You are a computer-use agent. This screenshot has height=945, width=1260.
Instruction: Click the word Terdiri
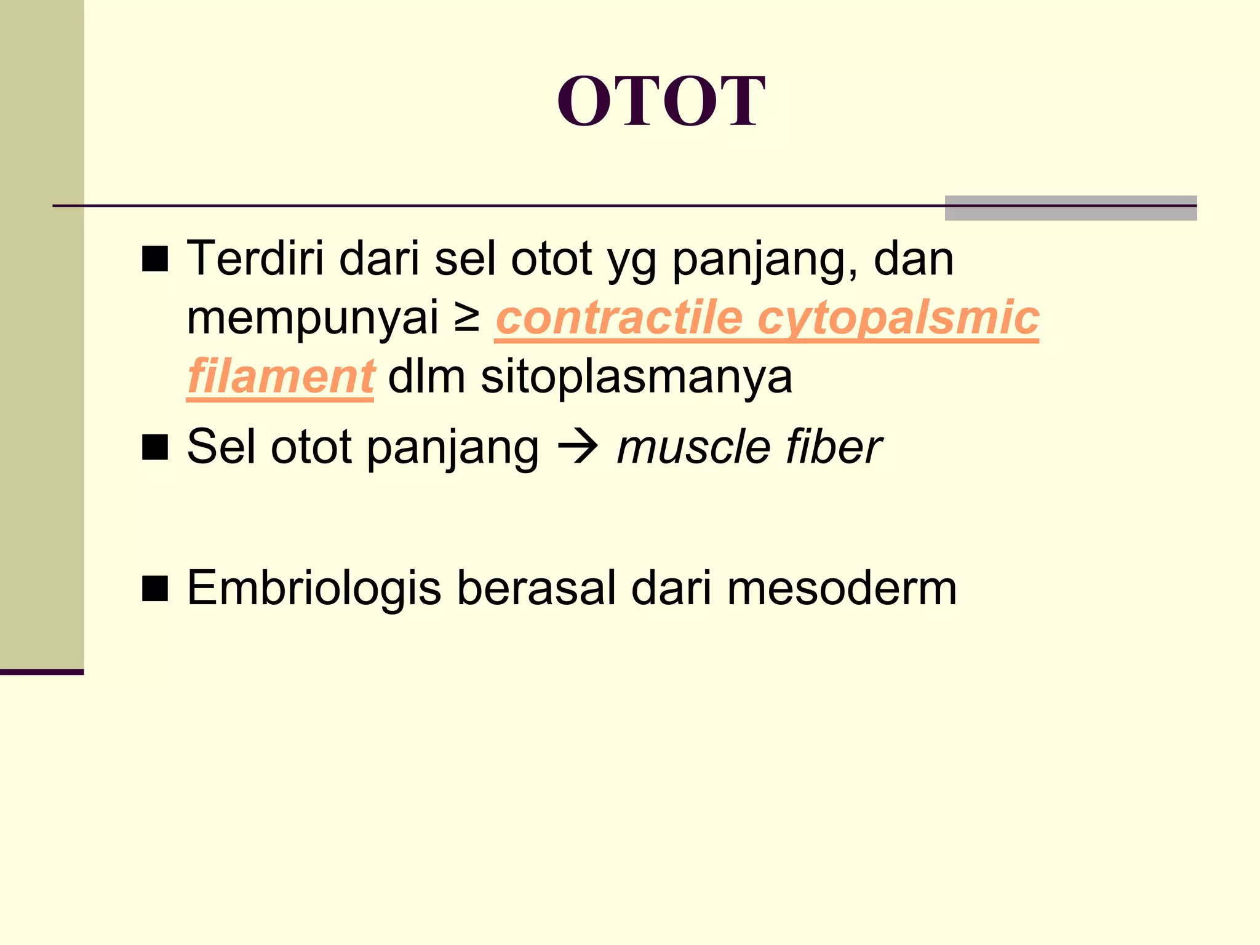(x=255, y=258)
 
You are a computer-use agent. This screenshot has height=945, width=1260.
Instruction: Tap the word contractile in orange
(x=619, y=318)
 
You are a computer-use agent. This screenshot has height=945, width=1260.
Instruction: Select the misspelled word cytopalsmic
(x=898, y=318)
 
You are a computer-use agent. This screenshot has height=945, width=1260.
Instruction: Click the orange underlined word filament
(x=281, y=377)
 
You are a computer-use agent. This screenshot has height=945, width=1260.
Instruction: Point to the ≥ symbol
(x=467, y=318)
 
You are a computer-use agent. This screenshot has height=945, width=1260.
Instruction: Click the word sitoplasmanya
(x=636, y=377)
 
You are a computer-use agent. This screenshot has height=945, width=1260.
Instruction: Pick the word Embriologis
(x=314, y=589)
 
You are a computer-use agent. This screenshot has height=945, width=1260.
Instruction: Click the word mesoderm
(x=842, y=589)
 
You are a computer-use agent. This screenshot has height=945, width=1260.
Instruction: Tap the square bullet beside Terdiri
(x=155, y=259)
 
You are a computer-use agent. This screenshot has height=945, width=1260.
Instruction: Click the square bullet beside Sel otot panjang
(x=155, y=447)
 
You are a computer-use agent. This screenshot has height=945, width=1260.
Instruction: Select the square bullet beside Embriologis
(x=155, y=589)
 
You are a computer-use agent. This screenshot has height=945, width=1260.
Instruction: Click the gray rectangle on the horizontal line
(x=1071, y=208)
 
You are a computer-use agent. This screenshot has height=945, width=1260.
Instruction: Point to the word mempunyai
(x=313, y=318)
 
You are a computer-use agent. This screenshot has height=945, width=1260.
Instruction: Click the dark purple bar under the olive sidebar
(x=42, y=672)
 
